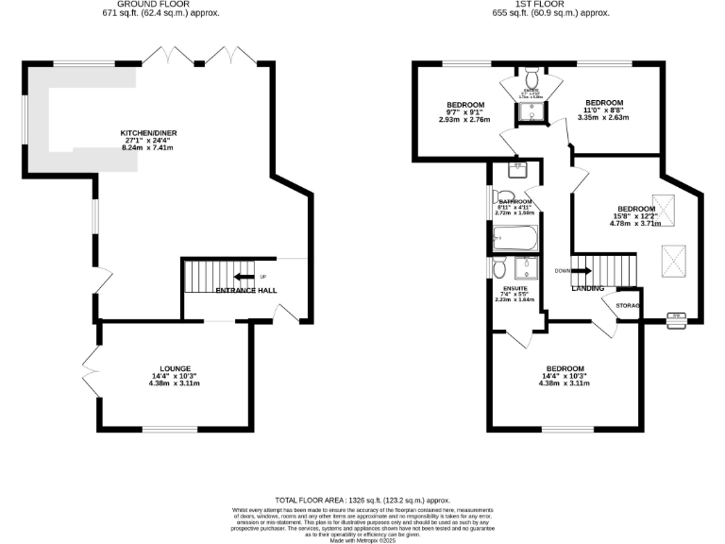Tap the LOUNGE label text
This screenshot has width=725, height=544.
coord(176,368)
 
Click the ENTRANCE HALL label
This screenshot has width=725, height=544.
coord(246,291)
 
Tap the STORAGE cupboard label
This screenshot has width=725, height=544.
coord(629,307)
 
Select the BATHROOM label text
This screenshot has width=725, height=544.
coord(515,201)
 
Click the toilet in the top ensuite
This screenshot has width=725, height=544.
coord(531,76)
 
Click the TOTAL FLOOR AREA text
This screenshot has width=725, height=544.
coord(362,500)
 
